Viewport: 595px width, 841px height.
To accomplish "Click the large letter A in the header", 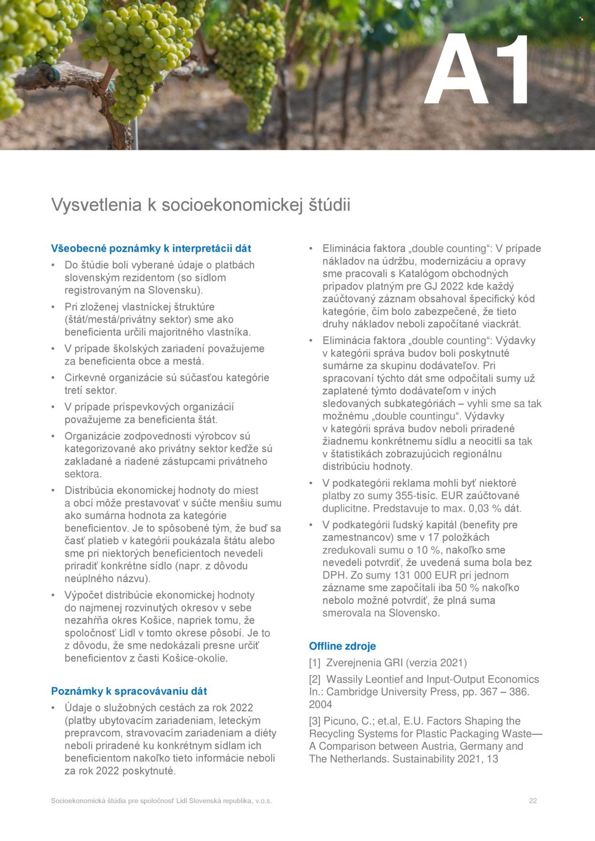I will pyautogui.click(x=456, y=70).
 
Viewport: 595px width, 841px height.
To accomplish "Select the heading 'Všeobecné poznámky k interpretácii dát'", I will pyautogui.click(x=151, y=248).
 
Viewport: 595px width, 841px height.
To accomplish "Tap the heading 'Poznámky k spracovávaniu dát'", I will pyautogui.click(x=129, y=691).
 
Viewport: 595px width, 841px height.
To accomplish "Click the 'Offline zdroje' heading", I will pyautogui.click(x=342, y=646).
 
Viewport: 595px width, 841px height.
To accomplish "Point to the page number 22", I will pyautogui.click(x=533, y=801).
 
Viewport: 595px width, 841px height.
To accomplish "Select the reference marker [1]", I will pyautogui.click(x=315, y=663).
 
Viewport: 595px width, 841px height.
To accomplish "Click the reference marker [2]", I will pyautogui.click(x=315, y=679).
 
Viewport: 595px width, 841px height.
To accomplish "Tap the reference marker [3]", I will pyautogui.click(x=315, y=721).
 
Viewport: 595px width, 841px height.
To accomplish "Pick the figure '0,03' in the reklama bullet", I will pyautogui.click(x=478, y=508).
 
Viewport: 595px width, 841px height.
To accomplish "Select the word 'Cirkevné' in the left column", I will pyautogui.click(x=85, y=378).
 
